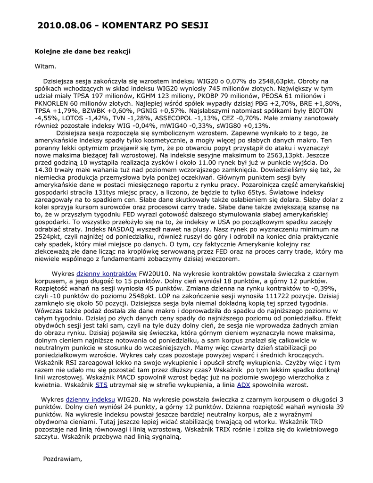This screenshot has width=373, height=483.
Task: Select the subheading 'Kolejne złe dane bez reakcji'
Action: tap(83, 51)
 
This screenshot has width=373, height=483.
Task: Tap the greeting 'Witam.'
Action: tap(45, 66)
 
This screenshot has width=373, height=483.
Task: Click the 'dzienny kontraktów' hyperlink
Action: tap(107, 274)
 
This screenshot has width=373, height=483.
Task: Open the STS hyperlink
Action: tap(101, 385)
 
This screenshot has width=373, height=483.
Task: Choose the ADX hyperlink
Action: tap(243, 385)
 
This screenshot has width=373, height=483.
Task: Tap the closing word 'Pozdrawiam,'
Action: tap(62, 458)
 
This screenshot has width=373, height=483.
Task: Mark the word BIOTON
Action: tap(313, 111)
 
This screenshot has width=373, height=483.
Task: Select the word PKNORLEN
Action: tap(52, 103)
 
